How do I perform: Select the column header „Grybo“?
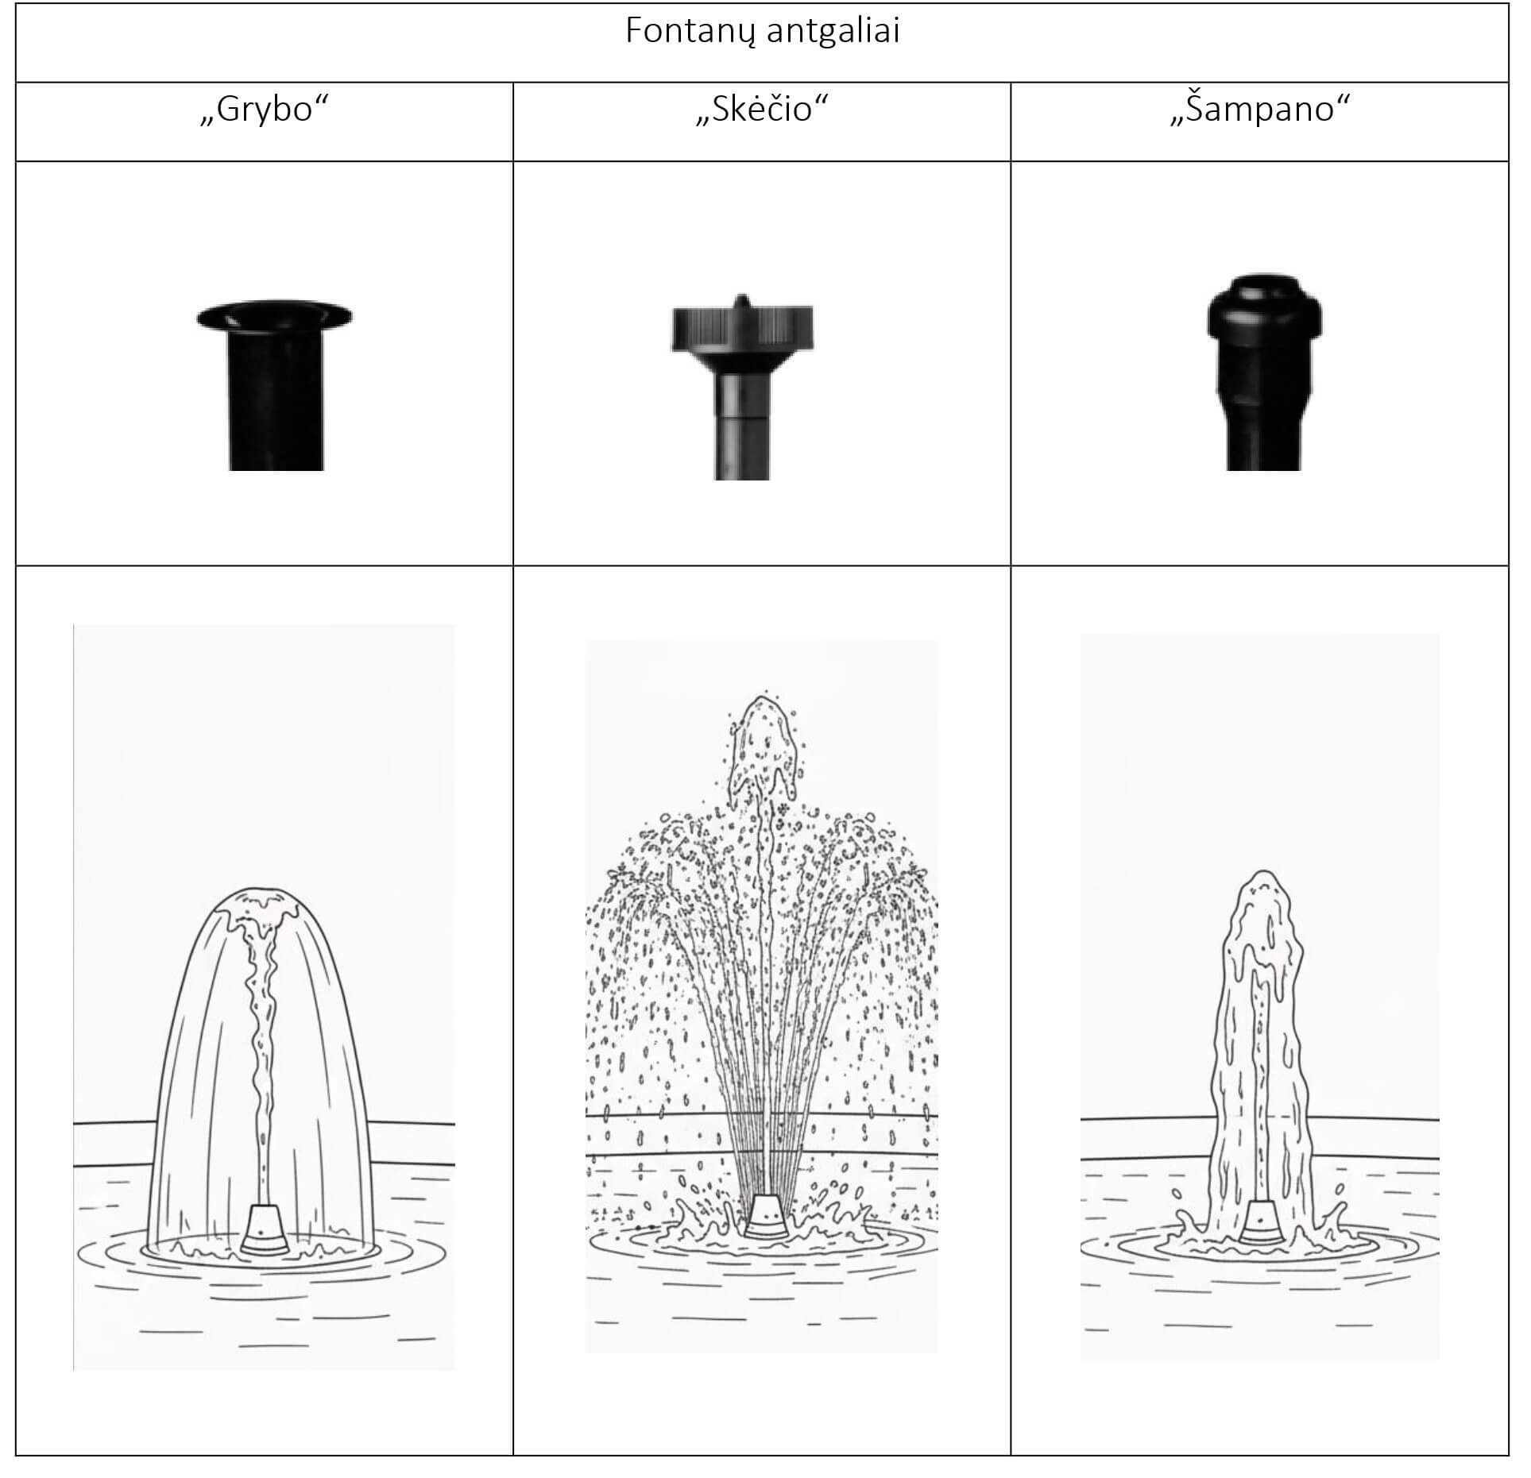[x=264, y=109]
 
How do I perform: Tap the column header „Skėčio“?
[x=762, y=109]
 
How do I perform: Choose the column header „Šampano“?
[x=1260, y=109]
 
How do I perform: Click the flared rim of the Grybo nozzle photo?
[x=274, y=315]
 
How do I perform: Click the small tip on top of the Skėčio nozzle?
[x=741, y=302]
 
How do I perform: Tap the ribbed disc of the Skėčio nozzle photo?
[x=742, y=329]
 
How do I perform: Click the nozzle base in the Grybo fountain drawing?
[x=264, y=1230]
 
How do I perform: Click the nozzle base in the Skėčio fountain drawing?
[x=765, y=1215]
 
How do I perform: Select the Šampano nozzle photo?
[x=1264, y=372]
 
